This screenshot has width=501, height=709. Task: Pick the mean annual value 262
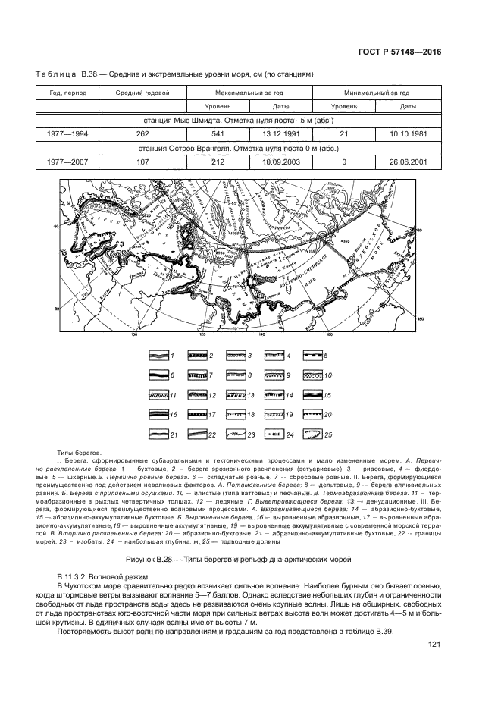coord(142,133)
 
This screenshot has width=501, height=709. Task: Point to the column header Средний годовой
coord(142,93)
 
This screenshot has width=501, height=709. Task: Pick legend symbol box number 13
coord(236,395)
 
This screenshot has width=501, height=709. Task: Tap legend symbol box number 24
coord(274,435)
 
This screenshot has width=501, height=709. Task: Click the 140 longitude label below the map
coord(261,333)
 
